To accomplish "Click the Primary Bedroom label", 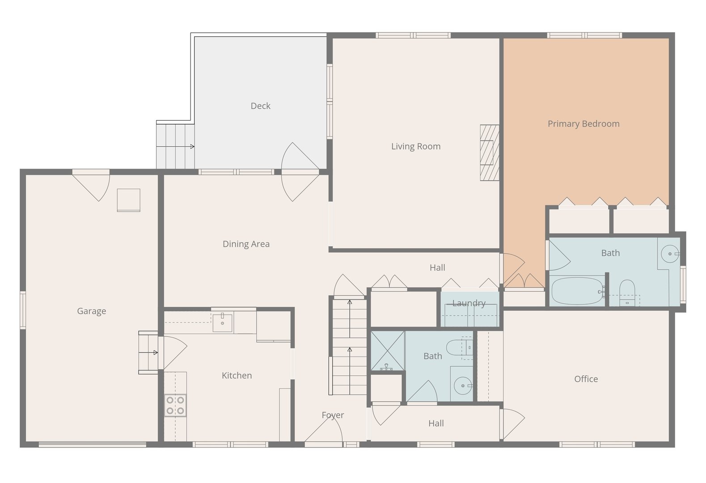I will [x=583, y=124].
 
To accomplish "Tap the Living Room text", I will [x=415, y=146].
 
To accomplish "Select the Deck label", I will [x=260, y=106].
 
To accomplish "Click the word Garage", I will [x=91, y=311].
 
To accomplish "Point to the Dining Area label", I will [x=246, y=244].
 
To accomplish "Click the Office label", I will [x=586, y=379].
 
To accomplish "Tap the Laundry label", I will [x=468, y=303].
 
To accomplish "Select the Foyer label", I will [x=333, y=415].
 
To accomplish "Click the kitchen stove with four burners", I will [x=175, y=405].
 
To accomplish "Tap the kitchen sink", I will [x=222, y=322].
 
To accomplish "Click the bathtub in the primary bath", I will [x=576, y=291].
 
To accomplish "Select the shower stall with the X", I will [x=387, y=351].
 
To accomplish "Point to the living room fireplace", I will [x=490, y=153].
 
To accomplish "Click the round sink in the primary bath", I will [x=670, y=254].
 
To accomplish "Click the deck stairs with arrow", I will [x=175, y=146].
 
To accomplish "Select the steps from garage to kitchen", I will [x=148, y=353].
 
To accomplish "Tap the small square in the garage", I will [x=128, y=200].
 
